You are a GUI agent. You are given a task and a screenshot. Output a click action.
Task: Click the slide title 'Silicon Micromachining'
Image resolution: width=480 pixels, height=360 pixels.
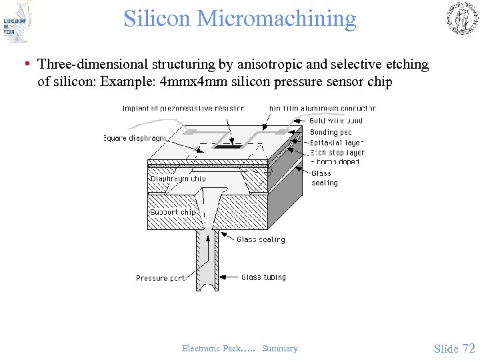[240, 19]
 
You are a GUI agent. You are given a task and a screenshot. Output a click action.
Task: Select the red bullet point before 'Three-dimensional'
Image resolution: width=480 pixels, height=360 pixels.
[25, 65]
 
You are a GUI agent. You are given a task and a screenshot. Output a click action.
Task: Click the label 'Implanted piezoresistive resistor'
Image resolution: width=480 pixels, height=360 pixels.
[183, 108]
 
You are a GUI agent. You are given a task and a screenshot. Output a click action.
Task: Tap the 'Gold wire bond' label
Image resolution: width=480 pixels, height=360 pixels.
[336, 121]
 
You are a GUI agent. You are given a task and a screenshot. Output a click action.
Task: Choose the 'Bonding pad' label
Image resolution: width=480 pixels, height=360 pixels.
[331, 132]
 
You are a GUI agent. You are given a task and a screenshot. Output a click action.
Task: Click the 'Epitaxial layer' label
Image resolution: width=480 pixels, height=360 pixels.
[337, 143]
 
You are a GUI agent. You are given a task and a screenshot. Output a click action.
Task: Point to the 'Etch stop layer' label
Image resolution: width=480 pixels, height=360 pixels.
[337, 153]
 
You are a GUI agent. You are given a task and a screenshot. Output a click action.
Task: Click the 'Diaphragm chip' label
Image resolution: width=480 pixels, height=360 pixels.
[178, 179]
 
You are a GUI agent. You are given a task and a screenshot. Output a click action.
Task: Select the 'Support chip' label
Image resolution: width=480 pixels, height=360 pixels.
[173, 212]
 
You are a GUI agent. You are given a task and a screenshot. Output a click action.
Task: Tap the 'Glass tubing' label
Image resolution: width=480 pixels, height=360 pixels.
[263, 277]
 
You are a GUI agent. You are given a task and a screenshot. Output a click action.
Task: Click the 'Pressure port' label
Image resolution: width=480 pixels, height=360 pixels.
[160, 278]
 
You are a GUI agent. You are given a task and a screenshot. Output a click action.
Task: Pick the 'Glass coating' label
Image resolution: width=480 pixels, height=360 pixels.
[261, 239]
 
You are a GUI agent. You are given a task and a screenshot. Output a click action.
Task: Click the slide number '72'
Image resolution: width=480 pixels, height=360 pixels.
[469, 348]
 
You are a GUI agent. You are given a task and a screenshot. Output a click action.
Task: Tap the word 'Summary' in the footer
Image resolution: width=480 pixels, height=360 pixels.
[280, 348]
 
